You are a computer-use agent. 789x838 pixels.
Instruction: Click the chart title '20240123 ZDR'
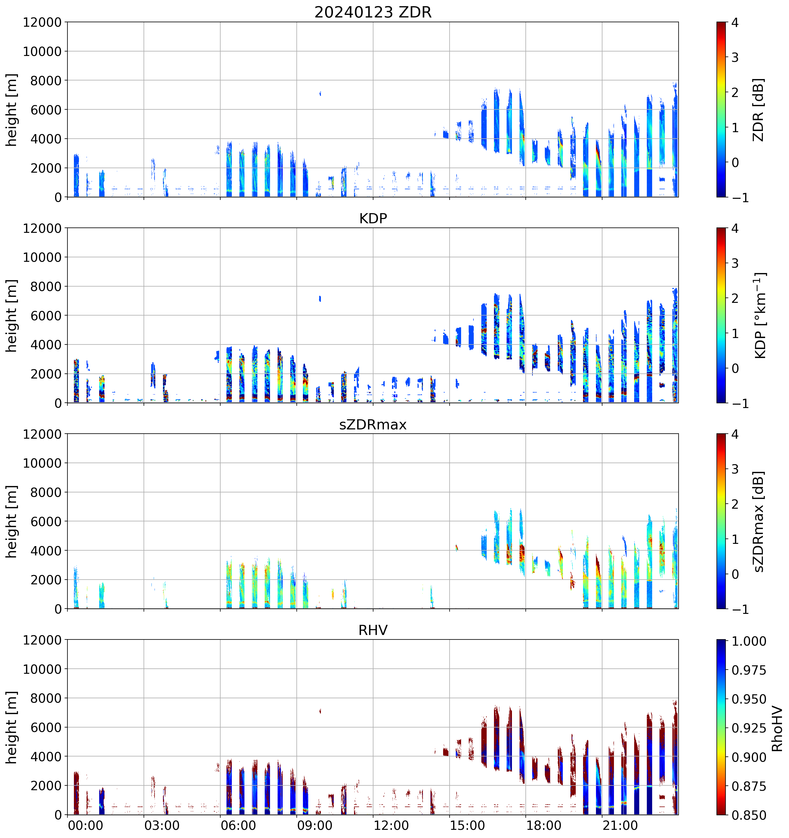[373, 12]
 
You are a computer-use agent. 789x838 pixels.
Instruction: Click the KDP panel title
[373, 218]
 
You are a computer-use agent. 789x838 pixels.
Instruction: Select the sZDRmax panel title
[373, 424]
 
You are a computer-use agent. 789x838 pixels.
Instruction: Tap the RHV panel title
[373, 630]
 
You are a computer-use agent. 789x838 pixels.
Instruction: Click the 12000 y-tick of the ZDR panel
[42, 22]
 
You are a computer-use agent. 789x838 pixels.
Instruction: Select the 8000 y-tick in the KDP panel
[46, 287]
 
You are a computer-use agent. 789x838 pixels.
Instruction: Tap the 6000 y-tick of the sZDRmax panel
[46, 521]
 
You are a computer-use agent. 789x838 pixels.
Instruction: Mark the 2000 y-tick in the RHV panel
[46, 786]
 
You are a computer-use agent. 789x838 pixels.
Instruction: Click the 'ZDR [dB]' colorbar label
[758, 110]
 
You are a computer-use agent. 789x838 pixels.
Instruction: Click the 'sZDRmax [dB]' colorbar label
[758, 521]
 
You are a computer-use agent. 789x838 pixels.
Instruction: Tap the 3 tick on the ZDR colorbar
[735, 57]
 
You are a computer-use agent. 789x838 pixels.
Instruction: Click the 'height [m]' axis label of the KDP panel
[12, 315]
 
